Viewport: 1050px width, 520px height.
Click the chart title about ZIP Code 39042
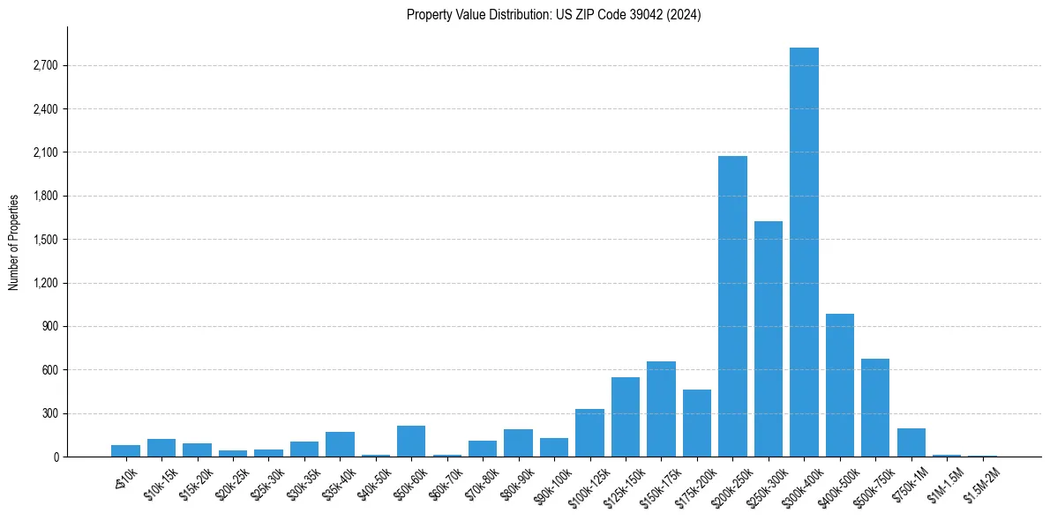[x=553, y=15]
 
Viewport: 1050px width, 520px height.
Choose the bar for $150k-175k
[x=661, y=409]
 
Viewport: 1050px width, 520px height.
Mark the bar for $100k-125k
[x=589, y=433]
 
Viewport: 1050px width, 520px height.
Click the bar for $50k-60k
[x=411, y=441]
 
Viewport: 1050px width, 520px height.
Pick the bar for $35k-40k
[x=340, y=444]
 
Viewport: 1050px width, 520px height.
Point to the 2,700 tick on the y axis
[x=44, y=66]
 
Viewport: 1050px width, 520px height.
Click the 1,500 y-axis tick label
[x=44, y=240]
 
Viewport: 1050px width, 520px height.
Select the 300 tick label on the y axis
[x=48, y=413]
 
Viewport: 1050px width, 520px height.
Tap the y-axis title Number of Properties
[x=14, y=242]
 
